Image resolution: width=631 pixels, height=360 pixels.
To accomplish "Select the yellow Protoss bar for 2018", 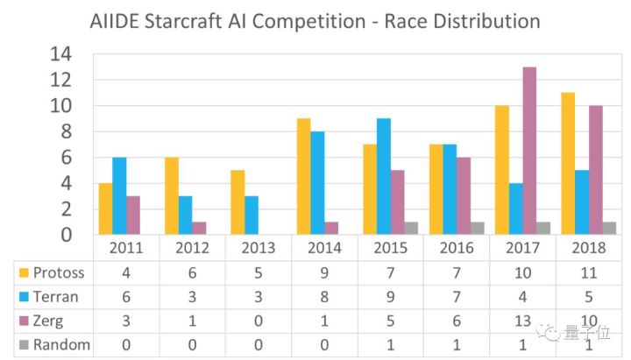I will [x=568, y=164].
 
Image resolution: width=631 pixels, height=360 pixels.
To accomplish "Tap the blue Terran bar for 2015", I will [x=384, y=176].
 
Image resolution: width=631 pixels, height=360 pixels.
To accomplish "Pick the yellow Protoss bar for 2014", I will [x=303, y=176].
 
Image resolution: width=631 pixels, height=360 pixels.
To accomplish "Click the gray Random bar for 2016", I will [x=478, y=228].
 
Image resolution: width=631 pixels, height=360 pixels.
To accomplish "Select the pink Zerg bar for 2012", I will [x=199, y=228].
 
